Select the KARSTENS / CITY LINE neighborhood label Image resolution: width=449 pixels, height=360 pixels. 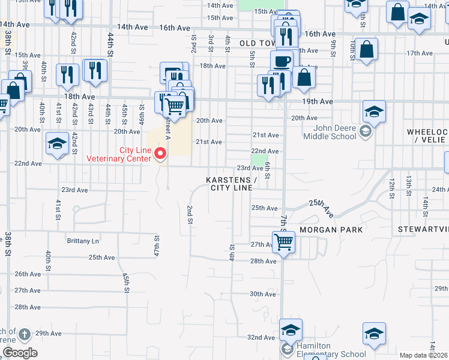click(x=231, y=184)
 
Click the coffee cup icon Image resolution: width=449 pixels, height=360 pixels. click(x=282, y=60)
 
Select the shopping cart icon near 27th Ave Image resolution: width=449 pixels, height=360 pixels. click(x=283, y=243)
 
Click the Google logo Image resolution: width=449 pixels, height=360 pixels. click(x=20, y=352)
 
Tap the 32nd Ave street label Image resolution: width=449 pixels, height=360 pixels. click(x=262, y=337)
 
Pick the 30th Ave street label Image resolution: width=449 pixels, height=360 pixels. click(x=262, y=294)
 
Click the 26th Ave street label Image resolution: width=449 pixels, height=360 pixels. click(x=27, y=274)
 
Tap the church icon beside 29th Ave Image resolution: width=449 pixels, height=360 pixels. click(x=24, y=334)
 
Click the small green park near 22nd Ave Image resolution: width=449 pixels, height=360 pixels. click(x=259, y=160)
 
